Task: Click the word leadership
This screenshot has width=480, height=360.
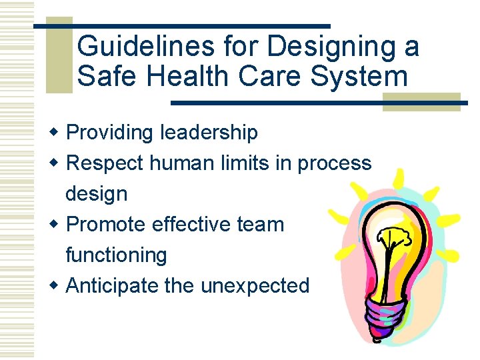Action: pos(208,133)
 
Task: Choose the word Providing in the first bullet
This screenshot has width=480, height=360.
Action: pos(110,133)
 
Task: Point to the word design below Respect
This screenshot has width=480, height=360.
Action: pos(96,194)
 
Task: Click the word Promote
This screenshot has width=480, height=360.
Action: pos(107,225)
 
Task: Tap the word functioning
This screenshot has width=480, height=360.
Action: pos(116,255)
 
